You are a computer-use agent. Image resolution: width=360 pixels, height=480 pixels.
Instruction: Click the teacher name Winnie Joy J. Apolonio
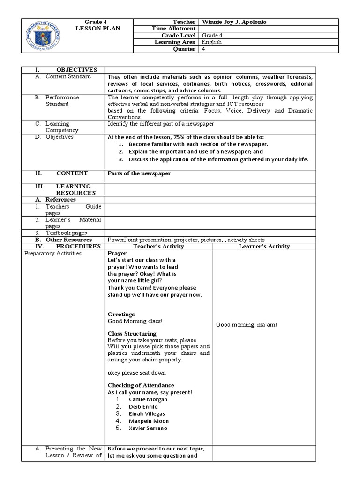(236, 22)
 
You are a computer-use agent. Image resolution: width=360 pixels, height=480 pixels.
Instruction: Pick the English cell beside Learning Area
(212, 42)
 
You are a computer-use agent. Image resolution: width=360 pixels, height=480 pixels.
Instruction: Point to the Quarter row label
(185, 49)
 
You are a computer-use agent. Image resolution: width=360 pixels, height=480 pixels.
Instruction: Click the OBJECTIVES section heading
(76, 69)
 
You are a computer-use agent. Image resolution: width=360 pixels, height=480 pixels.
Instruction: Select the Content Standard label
(68, 76)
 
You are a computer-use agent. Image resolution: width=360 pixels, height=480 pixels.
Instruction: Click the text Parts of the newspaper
(139, 173)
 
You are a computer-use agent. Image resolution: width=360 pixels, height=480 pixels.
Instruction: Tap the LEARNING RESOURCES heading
(76, 189)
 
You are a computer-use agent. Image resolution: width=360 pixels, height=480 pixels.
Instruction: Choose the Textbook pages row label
(66, 232)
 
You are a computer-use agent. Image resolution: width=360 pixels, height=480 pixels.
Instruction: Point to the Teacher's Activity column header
(158, 246)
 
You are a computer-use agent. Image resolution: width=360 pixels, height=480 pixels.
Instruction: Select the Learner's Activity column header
(264, 246)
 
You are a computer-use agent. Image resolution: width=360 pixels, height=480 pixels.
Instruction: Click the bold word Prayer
(117, 253)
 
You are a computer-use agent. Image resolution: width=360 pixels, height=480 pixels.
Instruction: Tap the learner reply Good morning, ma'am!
(246, 324)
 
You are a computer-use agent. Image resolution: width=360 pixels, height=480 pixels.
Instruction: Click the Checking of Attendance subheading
(141, 385)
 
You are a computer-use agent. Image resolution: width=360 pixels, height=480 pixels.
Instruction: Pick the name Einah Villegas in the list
(147, 414)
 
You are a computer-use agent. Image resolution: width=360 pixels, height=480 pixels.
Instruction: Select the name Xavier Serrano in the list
(148, 428)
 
